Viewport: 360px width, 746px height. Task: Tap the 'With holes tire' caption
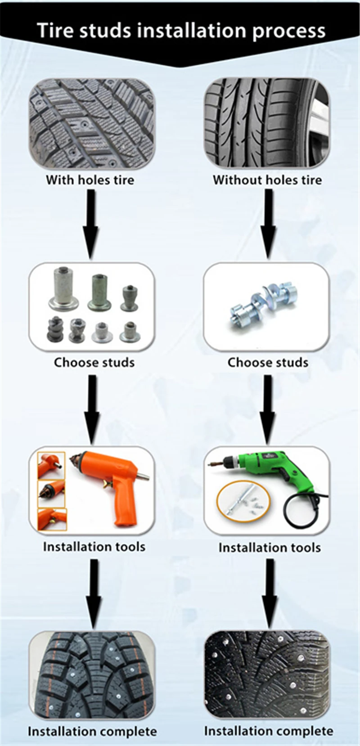click(90, 180)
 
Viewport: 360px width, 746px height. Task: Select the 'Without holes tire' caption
click(267, 180)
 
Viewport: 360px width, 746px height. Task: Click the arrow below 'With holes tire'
click(91, 223)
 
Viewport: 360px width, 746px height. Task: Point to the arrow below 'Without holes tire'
click(268, 223)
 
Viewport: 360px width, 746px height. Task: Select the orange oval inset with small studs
click(243, 501)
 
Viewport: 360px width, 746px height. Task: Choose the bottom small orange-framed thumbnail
click(52, 519)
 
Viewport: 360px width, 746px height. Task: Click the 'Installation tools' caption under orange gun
click(94, 547)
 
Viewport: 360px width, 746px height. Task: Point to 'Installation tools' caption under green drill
click(270, 548)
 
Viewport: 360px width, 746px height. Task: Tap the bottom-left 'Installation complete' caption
click(92, 731)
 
